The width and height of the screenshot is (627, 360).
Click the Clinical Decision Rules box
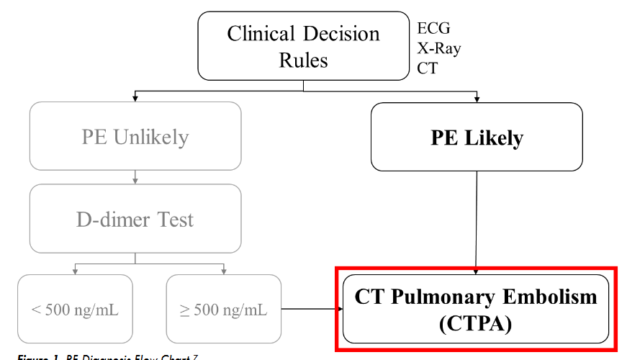point(303,47)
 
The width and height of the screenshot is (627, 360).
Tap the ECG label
point(433,29)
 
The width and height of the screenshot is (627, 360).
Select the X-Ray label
point(439,49)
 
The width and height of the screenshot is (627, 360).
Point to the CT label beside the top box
point(427,68)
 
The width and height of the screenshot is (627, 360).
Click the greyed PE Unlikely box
point(135,137)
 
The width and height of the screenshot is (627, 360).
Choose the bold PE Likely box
point(477,138)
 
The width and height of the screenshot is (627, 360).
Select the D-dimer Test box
point(135,219)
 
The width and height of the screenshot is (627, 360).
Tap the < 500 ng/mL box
point(75,310)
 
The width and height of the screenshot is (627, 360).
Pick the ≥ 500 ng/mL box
point(223,310)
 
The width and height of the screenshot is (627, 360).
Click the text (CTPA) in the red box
point(476,324)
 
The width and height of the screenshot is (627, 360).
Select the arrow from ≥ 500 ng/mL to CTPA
point(310,310)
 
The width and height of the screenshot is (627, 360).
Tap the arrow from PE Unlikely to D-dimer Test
point(135,177)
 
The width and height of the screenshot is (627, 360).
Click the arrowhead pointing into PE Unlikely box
point(135,98)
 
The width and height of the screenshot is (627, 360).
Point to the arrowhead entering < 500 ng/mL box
point(75,271)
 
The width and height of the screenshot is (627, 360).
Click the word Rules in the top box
point(303,60)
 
